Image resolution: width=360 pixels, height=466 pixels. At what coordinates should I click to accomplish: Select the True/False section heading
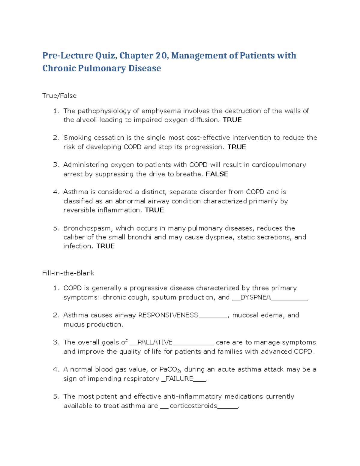pyautogui.click(x=59, y=96)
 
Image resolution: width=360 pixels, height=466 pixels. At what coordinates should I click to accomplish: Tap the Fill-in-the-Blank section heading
pyautogui.click(x=68, y=273)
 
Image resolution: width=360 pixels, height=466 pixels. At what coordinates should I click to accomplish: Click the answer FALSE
pyautogui.click(x=217, y=174)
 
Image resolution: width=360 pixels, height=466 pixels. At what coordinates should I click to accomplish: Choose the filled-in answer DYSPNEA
pyautogui.click(x=256, y=297)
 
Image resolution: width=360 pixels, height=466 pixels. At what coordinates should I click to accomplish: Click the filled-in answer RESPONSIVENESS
pyautogui.click(x=168, y=315)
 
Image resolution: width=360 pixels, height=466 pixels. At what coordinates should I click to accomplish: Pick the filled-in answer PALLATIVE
pyautogui.click(x=155, y=342)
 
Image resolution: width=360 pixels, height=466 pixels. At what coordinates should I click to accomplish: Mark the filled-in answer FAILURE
pyautogui.click(x=179, y=379)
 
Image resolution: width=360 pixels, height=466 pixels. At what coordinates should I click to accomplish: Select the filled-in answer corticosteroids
pyautogui.click(x=193, y=406)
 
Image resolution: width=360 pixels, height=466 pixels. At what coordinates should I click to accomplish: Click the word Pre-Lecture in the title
pyautogui.click(x=68, y=56)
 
